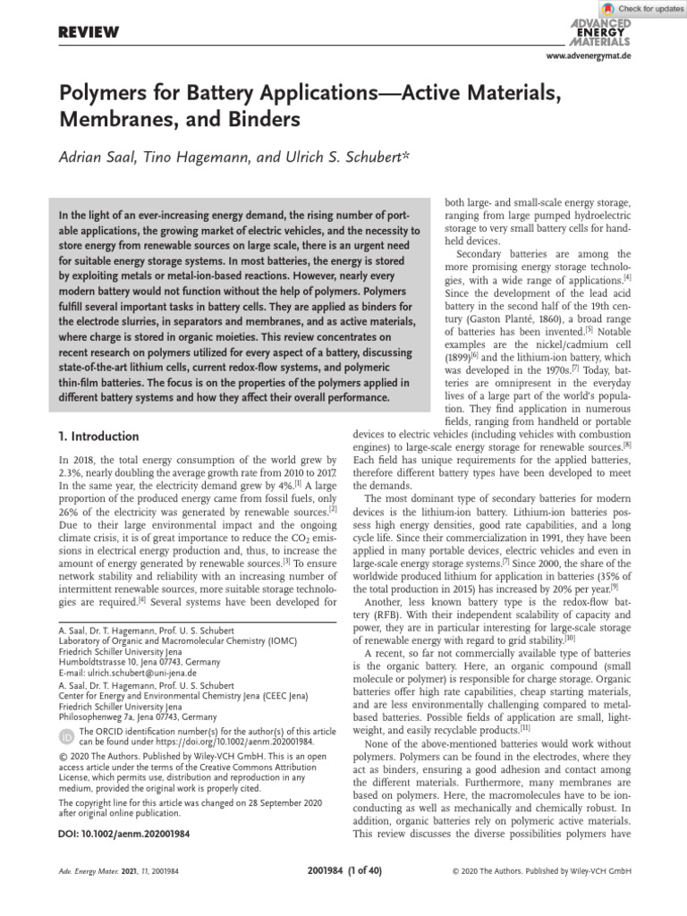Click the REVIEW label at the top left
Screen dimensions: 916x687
[89, 33]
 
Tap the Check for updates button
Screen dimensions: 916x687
[637, 8]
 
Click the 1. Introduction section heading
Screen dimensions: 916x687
[98, 437]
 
